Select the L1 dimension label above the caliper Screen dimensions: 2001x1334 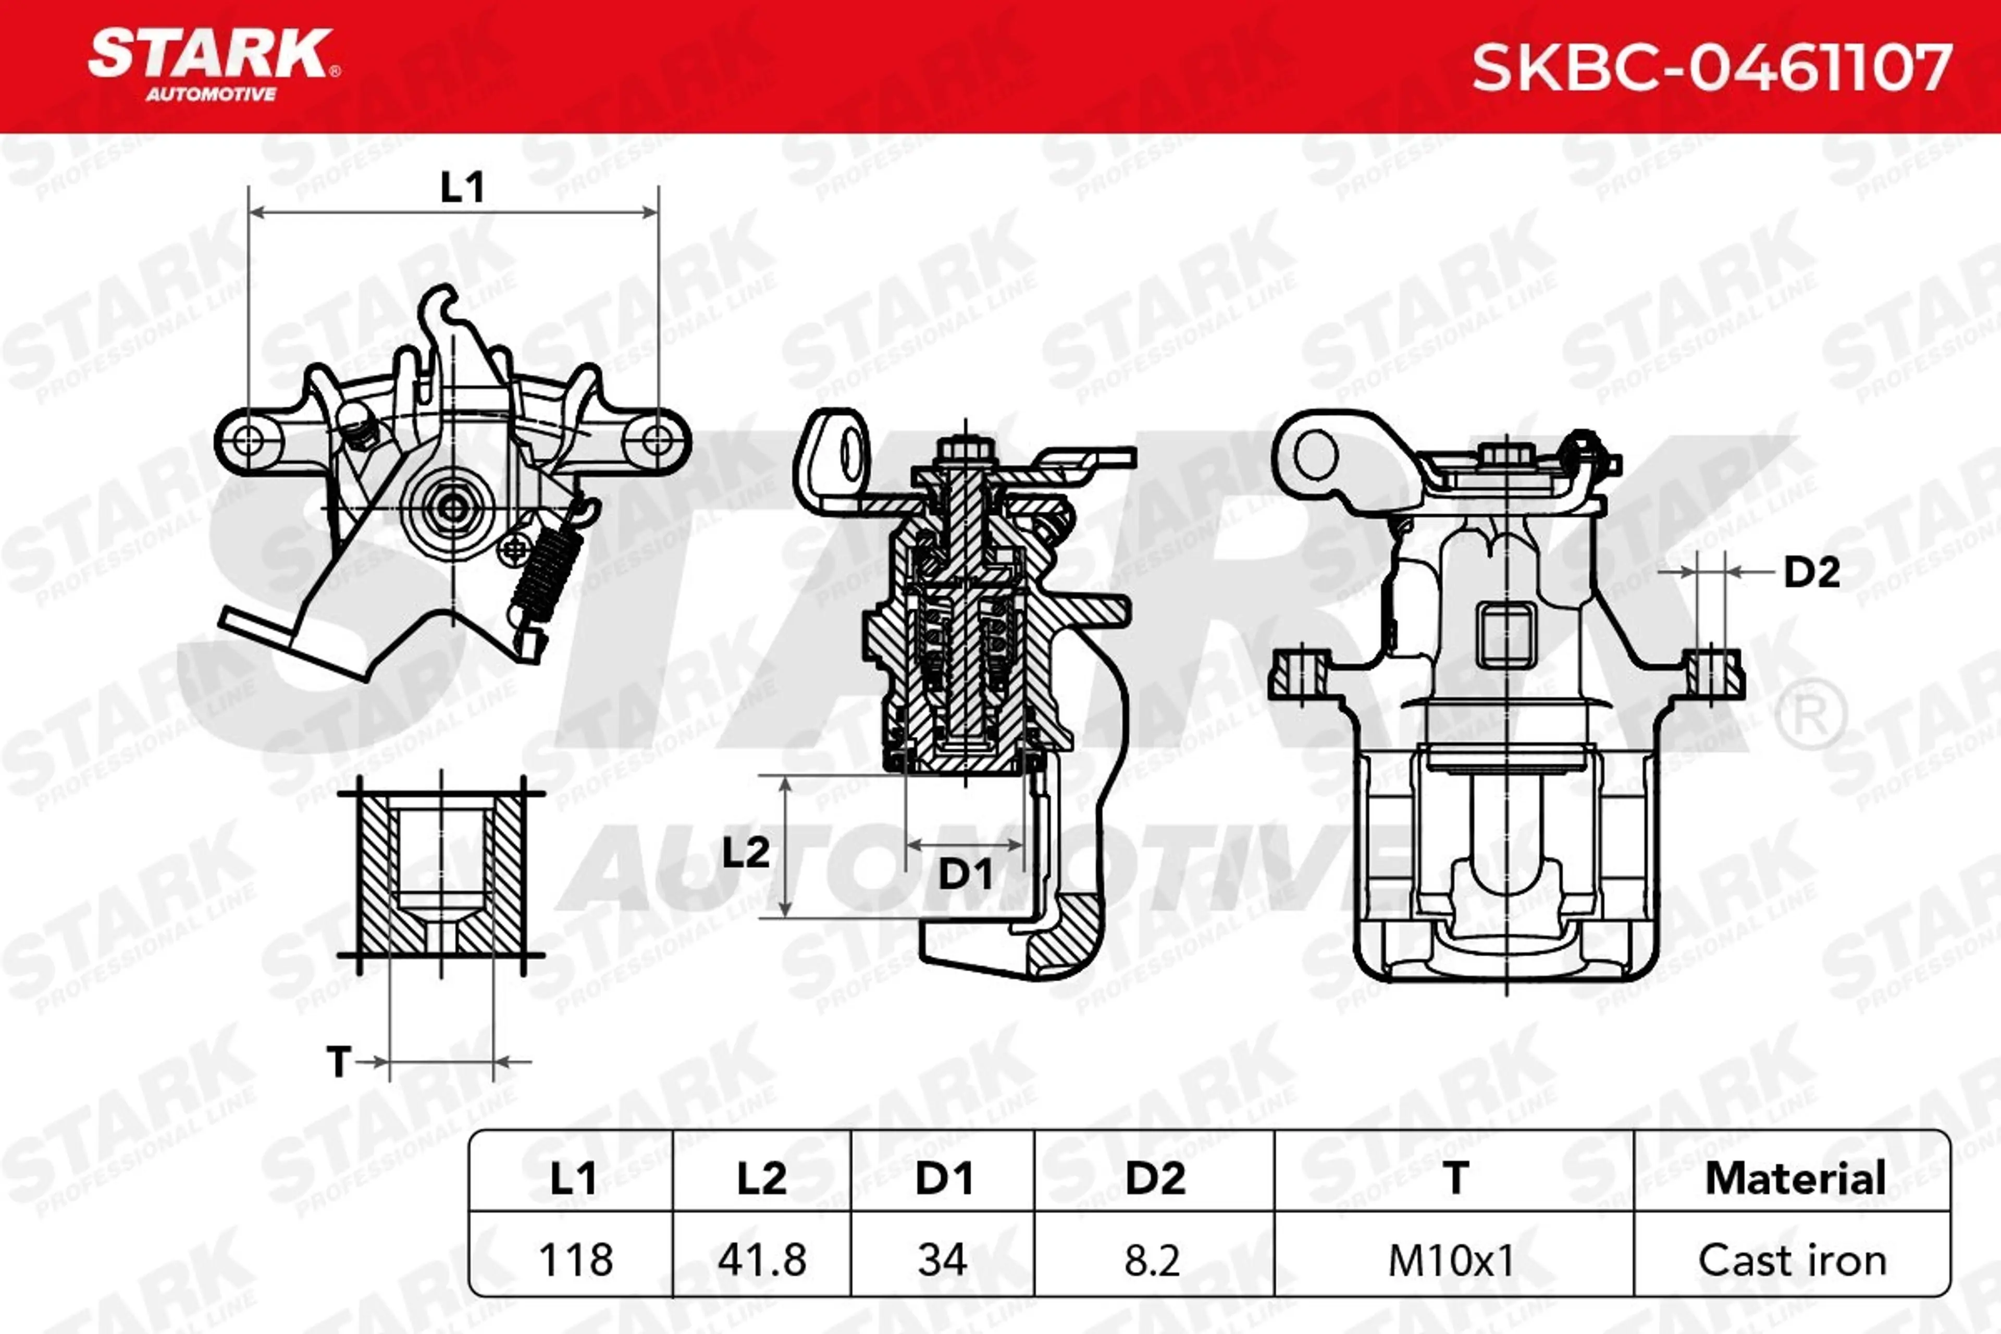tap(462, 187)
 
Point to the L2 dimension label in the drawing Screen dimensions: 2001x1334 tap(745, 851)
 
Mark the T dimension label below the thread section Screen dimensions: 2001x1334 tap(339, 1062)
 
